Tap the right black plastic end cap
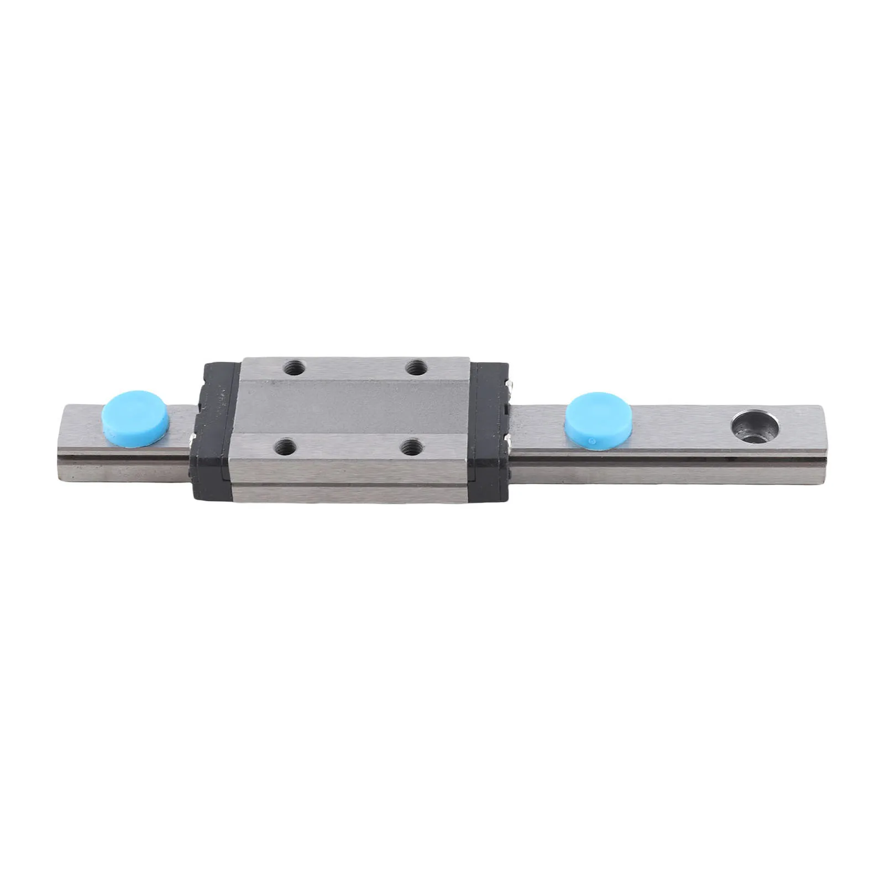pos(491,431)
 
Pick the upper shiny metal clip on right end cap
pos(514,384)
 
